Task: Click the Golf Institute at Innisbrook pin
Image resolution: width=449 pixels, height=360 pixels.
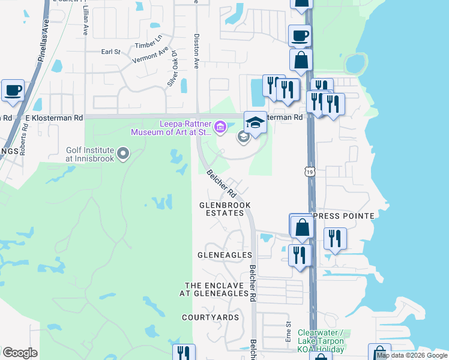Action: coord(123,154)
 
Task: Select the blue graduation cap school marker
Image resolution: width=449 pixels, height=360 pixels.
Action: coord(255,122)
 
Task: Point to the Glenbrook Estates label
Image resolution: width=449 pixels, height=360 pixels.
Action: coord(224,209)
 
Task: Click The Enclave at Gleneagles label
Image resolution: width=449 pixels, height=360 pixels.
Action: coord(216,289)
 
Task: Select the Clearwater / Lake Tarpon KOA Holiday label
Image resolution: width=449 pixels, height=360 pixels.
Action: coord(321,341)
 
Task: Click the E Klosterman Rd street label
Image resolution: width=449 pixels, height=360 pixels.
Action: coord(54,118)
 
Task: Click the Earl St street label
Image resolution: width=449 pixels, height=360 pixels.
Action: coord(111,52)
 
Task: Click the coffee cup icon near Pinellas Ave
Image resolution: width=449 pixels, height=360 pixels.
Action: coord(13,91)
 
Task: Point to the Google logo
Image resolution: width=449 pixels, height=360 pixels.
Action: coord(19,353)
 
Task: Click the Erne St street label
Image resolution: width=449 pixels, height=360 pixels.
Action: coord(289,332)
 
